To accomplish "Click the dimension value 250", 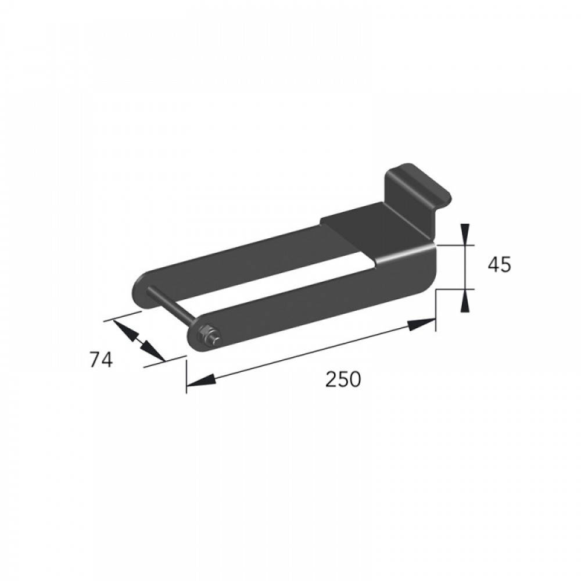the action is click(343, 379).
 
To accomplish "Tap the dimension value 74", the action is click(101, 360).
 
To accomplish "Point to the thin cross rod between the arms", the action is click(170, 306).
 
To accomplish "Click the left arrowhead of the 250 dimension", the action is click(200, 381).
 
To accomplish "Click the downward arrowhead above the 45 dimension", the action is click(465, 234).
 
